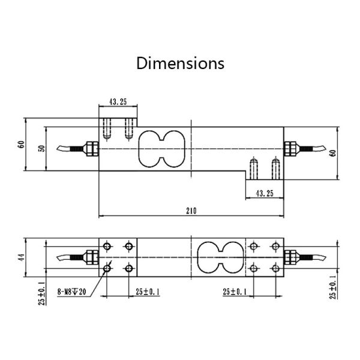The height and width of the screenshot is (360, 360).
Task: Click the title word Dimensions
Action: coord(180,63)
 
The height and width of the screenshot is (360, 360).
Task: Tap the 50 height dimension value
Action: coord(41,148)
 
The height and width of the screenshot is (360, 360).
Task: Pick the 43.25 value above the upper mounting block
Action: coord(118,102)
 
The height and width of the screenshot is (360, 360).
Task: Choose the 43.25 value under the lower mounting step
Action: coord(265,193)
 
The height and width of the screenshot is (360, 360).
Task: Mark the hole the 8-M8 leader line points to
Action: coord(107,267)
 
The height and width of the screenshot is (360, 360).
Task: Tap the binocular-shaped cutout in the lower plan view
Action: coord(217,257)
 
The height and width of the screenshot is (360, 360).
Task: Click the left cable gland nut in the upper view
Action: coord(91,148)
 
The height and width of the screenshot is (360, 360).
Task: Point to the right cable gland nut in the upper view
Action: coord(291,148)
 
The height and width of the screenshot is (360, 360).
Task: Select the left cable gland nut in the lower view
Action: coord(91,257)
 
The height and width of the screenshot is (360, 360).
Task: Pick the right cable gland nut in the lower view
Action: coord(291,257)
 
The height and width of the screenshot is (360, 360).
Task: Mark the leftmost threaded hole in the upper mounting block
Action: coord(107,128)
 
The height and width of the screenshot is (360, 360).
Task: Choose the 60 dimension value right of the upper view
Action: coord(333,151)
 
